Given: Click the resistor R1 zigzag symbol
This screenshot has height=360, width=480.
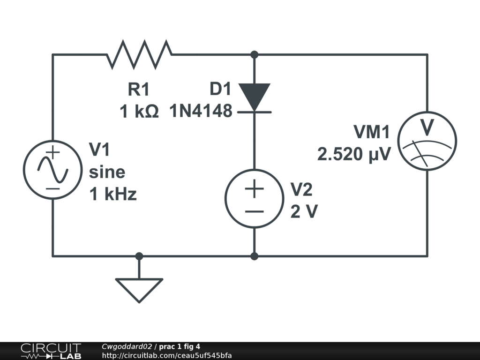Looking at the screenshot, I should coord(140,54).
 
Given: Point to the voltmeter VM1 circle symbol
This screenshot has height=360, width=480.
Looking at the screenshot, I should coord(427,139).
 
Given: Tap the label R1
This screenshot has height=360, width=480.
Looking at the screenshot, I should coord(139,89).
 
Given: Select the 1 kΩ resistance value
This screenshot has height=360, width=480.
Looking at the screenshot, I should coord(139,112).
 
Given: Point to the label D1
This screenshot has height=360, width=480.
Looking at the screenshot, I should coord(221,89).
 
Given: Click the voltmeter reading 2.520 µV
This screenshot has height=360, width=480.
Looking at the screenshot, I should coord(354,154).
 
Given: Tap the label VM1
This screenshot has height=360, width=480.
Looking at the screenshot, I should coord(372,133).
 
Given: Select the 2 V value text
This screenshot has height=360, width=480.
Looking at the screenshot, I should coord(304,212).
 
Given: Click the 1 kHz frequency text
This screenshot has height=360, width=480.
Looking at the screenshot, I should coord(113,194).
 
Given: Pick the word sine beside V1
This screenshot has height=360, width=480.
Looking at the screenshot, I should coord(107,172).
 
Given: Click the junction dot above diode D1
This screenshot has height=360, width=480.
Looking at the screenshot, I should coord(254,55).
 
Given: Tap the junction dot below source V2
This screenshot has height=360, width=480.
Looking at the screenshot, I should coord(254,256).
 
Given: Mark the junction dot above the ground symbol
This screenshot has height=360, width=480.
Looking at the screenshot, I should coord(139,256).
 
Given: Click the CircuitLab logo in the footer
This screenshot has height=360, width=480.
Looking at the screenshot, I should coord(50,351).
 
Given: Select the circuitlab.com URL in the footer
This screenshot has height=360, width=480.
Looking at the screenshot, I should coord(166,355).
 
